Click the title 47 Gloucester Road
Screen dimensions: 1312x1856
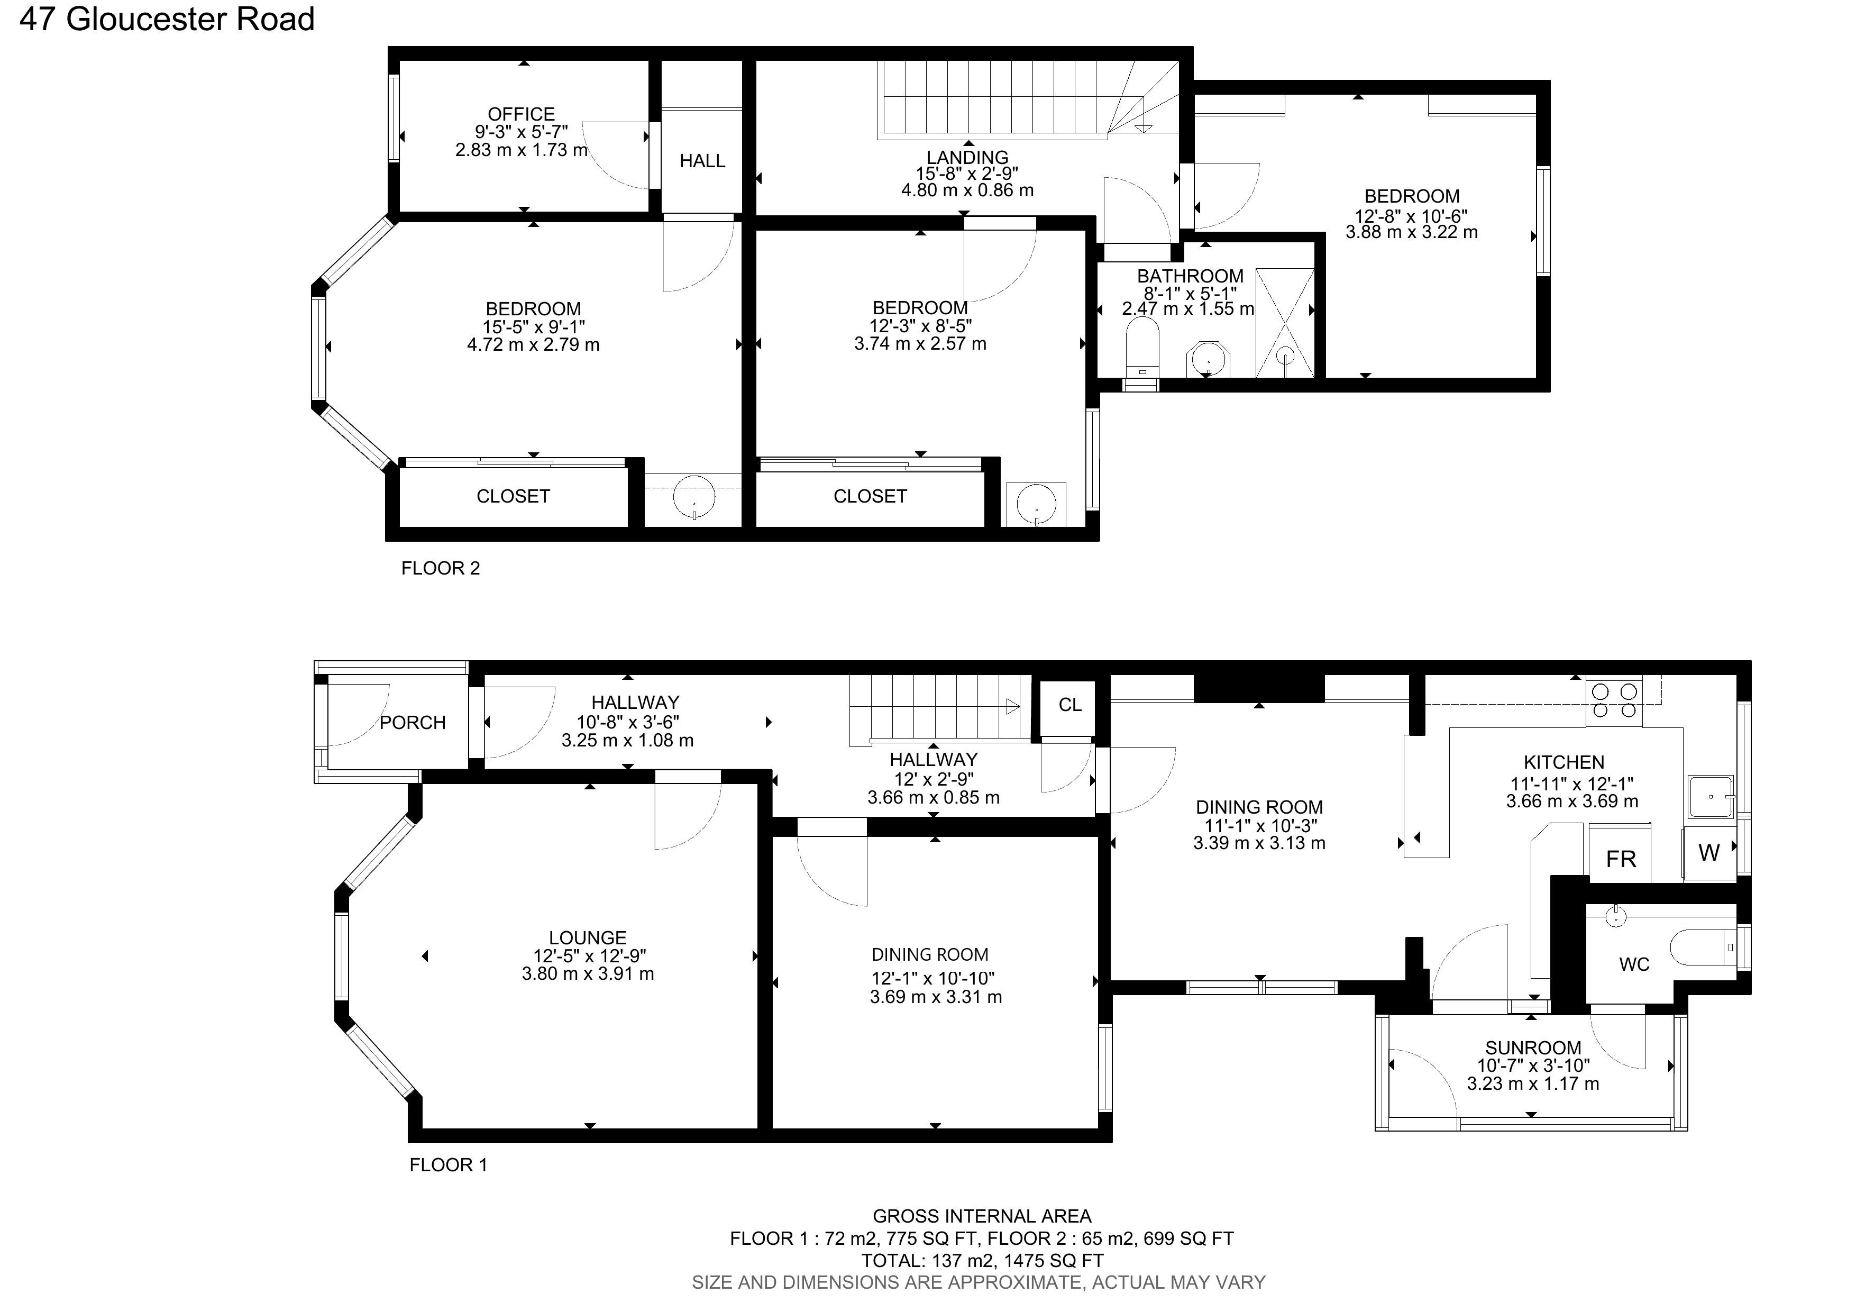pyautogui.click(x=167, y=19)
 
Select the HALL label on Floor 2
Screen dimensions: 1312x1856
pyautogui.click(x=702, y=161)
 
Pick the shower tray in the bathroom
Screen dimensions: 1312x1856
pyautogui.click(x=1284, y=323)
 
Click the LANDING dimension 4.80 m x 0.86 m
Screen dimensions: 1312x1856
pyautogui.click(x=967, y=191)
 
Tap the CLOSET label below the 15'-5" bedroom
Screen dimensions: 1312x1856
pyautogui.click(x=513, y=496)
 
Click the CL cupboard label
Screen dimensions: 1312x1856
pyautogui.click(x=1069, y=705)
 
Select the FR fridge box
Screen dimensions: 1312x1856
pyautogui.click(x=1620, y=859)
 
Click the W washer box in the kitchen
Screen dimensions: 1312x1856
pyautogui.click(x=1708, y=852)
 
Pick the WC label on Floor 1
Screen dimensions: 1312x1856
pyautogui.click(x=1634, y=964)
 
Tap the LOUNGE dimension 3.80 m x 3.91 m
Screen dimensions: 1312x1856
pyautogui.click(x=587, y=974)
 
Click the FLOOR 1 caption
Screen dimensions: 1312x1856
pyautogui.click(x=448, y=1165)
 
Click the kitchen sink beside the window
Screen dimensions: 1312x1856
pyautogui.click(x=1711, y=796)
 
